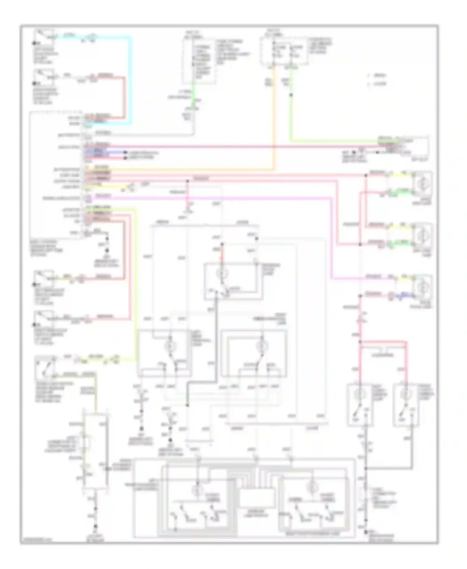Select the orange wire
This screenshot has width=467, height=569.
point(274,125)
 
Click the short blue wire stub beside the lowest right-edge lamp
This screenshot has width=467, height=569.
point(405,294)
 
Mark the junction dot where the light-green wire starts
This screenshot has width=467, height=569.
point(291,95)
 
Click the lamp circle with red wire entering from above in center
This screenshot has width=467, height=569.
point(222,274)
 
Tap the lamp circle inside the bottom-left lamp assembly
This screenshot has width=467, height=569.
point(197,489)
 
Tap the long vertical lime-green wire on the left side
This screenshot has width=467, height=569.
point(135,280)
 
